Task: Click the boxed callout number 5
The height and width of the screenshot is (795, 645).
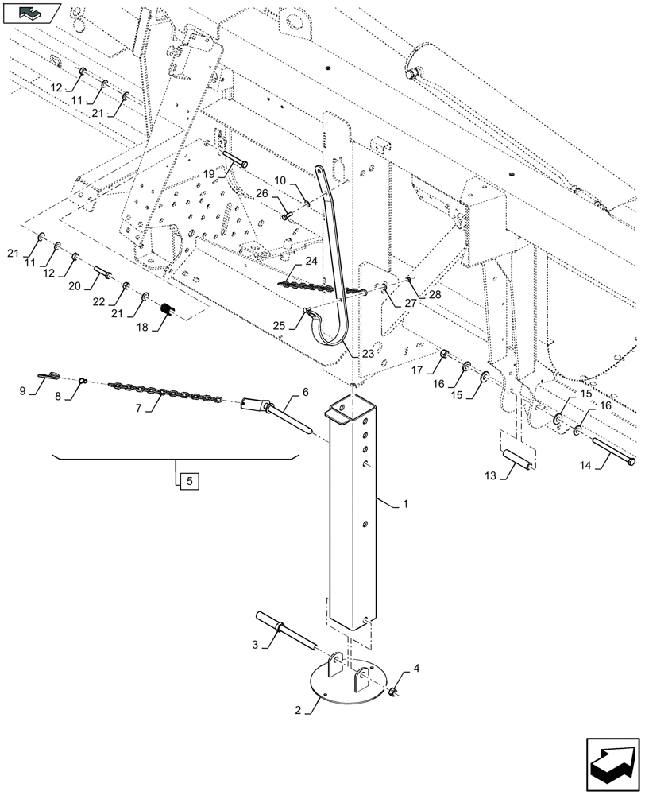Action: (x=185, y=480)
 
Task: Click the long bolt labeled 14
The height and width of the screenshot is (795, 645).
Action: (x=612, y=455)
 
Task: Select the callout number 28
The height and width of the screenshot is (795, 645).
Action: (x=435, y=295)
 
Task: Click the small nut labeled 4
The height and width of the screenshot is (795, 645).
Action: (x=392, y=692)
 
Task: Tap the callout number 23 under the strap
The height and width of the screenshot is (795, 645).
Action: (x=368, y=352)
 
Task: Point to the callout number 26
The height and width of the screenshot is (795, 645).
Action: (x=262, y=192)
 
